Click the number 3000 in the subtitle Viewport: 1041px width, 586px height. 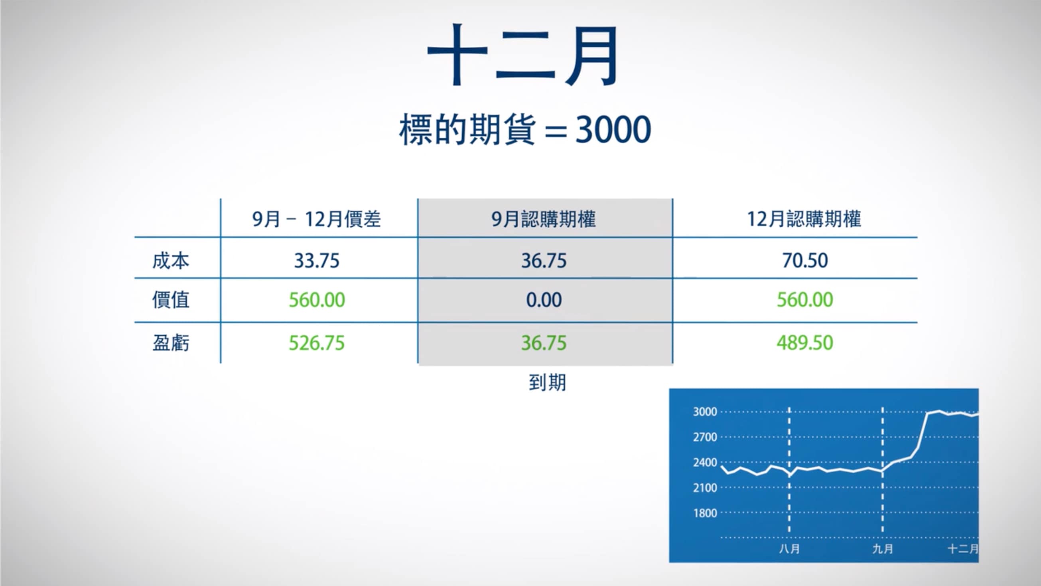pos(613,129)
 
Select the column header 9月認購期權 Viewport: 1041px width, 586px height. pos(544,219)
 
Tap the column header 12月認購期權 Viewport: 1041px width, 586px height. pos(804,219)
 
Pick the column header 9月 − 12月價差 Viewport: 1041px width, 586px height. pos(316,219)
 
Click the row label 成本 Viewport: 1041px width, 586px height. pos(171,260)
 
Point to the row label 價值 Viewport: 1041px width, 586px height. pos(171,300)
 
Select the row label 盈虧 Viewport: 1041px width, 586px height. pos(171,343)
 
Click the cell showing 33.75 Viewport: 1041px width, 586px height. pos(316,260)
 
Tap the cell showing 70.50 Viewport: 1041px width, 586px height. pos(804,260)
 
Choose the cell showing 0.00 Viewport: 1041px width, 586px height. pos(544,300)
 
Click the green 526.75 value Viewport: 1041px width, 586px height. pos(316,343)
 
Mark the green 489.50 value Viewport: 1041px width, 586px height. pos(804,343)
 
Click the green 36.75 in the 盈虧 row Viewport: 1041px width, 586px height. pos(544,343)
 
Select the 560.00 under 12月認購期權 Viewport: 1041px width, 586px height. pos(804,300)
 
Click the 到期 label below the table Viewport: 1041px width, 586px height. pos(547,382)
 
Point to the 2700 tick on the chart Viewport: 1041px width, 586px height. pos(705,437)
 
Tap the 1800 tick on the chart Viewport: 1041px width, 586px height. pos(705,513)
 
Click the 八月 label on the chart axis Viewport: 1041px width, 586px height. pos(789,549)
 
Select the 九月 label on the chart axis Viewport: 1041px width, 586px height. pos(883,549)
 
